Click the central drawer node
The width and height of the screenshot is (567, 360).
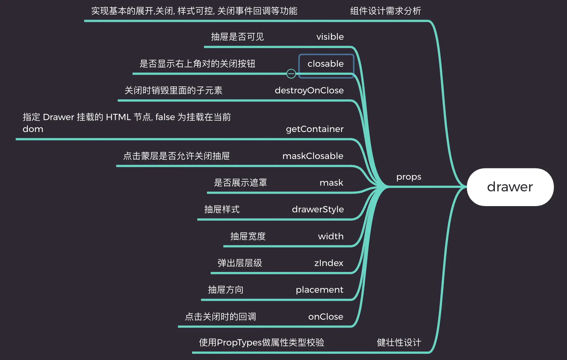coord(510,187)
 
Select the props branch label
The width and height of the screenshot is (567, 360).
coord(409,177)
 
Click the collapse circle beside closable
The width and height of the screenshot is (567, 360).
coord(291,74)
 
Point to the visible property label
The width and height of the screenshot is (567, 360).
coord(330,37)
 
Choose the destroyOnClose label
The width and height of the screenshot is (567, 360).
coord(309,90)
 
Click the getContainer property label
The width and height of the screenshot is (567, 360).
coord(315,129)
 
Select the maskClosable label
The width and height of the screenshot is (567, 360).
coord(313,156)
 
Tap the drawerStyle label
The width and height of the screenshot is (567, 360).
coord(318,210)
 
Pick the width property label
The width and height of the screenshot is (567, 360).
coord(331,236)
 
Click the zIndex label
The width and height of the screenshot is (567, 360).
coord(329,263)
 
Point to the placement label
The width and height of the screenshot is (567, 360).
coord(320,290)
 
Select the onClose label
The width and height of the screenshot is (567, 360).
coord(326,317)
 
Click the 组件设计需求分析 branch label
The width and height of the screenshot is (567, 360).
coord(385,11)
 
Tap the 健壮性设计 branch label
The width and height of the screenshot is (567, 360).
coord(399,342)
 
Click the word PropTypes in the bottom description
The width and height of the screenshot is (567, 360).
coord(239,343)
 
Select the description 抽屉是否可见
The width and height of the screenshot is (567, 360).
coord(237,37)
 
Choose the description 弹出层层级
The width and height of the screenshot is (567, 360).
coord(240,263)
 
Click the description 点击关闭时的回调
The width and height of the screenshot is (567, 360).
coord(220,317)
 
